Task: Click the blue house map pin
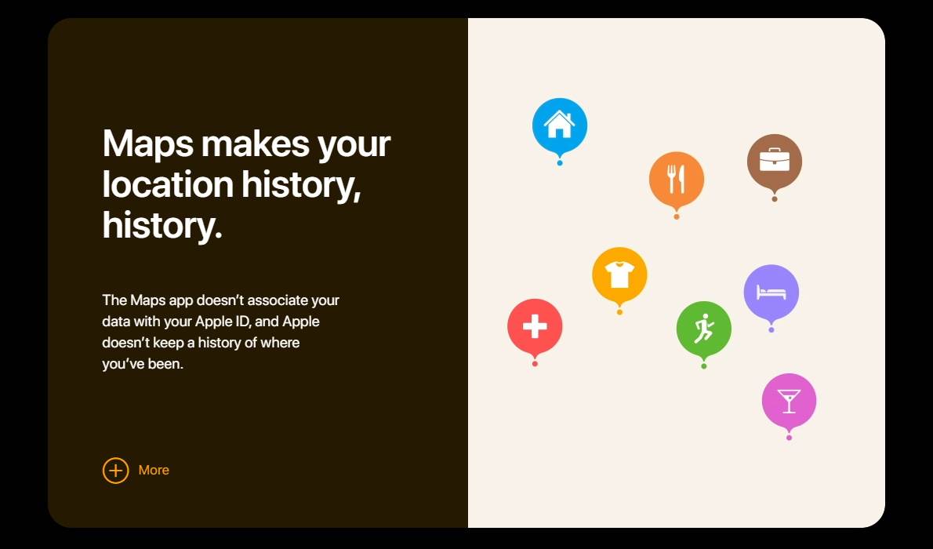[559, 127]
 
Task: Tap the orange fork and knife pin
[677, 180]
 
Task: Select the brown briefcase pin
[774, 162]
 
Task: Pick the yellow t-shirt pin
[619, 276]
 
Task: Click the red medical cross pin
[535, 327]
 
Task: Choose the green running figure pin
[704, 329]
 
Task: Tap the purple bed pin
[771, 293]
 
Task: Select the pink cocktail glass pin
[789, 402]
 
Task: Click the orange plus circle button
[115, 471]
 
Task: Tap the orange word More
[154, 471]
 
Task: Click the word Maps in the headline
[148, 144]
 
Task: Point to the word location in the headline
[167, 184]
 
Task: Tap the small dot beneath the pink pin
[789, 438]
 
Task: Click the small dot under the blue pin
[559, 162]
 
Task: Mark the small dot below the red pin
[535, 363]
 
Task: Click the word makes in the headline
[256, 144]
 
